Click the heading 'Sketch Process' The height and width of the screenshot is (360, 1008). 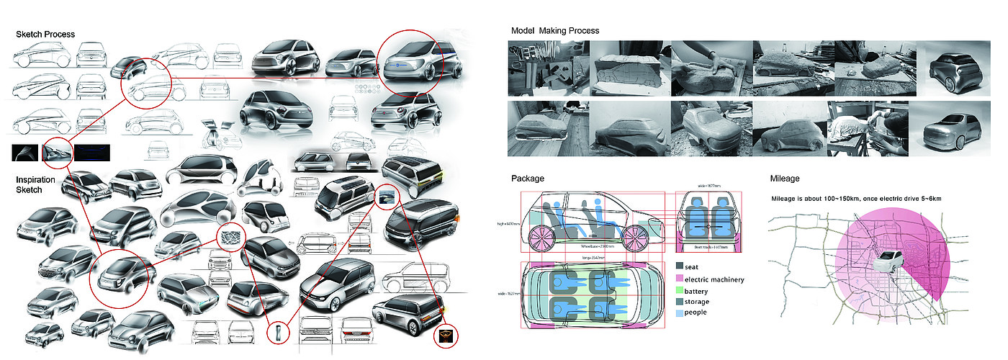tap(45, 35)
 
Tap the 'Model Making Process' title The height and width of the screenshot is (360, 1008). tap(554, 31)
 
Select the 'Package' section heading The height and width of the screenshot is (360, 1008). tap(528, 178)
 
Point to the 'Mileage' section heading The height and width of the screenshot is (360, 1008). tap(785, 178)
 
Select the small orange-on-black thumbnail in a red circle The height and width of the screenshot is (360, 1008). tap(446, 335)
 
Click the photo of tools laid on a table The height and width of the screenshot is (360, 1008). tap(547, 68)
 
